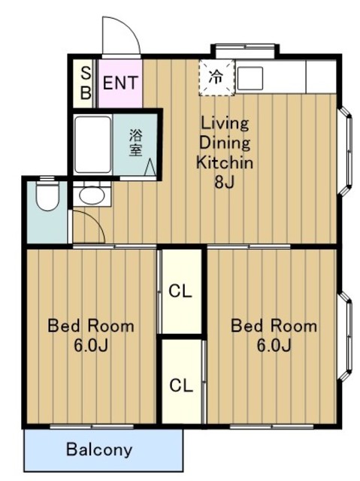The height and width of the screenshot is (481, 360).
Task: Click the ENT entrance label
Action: [120, 83]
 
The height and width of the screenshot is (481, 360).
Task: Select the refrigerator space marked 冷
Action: [216, 77]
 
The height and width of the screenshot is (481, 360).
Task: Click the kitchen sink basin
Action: [250, 78]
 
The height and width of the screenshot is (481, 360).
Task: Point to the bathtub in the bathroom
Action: [92, 144]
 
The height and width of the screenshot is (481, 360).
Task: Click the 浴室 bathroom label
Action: [136, 143]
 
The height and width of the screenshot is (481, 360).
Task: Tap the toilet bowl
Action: [47, 195]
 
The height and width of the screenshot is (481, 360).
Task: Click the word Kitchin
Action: [225, 162]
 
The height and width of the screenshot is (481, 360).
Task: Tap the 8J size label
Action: [225, 182]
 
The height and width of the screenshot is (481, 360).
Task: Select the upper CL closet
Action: [182, 291]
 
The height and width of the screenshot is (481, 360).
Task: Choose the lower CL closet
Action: [182, 385]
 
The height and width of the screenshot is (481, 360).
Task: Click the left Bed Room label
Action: [91, 325]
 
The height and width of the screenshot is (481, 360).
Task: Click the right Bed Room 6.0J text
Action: [274, 336]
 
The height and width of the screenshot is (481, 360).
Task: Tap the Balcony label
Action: [99, 449]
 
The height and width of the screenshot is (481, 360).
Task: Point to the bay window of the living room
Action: [345, 150]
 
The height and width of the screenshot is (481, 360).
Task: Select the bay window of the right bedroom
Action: [345, 336]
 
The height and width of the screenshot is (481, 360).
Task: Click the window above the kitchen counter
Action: [245, 50]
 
